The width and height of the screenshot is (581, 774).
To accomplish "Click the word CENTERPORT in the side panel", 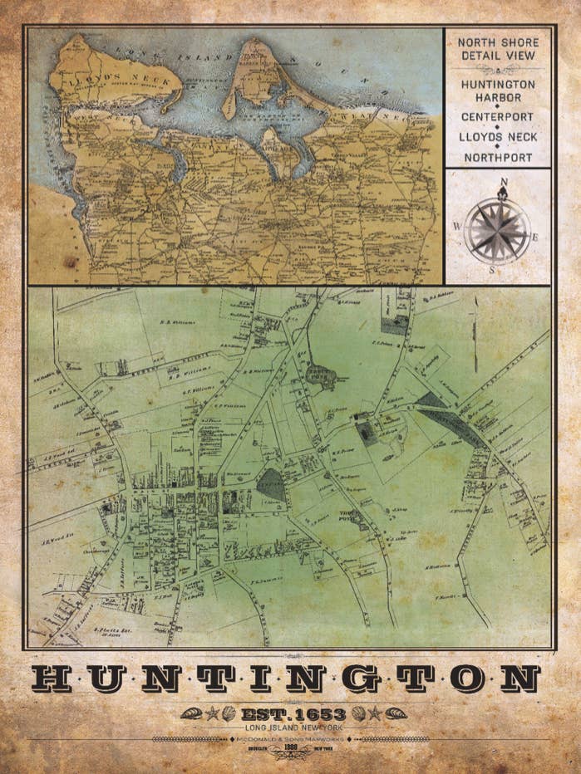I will (x=498, y=117).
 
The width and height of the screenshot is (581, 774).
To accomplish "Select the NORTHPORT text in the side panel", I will (x=498, y=157).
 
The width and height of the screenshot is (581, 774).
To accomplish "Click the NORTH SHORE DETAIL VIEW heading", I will (x=498, y=49).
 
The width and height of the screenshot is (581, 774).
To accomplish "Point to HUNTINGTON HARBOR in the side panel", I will (x=498, y=91).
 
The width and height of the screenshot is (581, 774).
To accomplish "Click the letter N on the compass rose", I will (x=503, y=182).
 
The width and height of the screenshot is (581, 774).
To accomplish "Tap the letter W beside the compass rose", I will (x=456, y=226).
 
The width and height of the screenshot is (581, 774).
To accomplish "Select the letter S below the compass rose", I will (x=492, y=269).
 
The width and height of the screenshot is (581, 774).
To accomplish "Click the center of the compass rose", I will (x=497, y=229).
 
